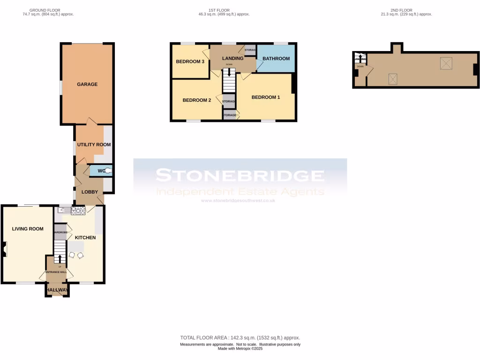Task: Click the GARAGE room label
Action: point(87,84)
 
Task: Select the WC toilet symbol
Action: point(108,171)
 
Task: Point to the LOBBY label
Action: point(90,192)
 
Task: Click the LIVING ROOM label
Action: point(28,229)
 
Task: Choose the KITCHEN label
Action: point(85,238)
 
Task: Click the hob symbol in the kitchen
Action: point(78,211)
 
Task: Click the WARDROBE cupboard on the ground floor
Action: point(60,232)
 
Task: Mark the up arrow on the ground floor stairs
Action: point(60,258)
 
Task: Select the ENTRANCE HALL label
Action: point(58,272)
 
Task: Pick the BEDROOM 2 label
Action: point(197,100)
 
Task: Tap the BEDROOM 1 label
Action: point(266,97)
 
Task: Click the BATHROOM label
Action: point(276,59)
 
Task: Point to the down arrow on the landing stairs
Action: point(229,72)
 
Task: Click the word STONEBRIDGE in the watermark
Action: point(240,176)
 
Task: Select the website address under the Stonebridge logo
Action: point(238,201)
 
